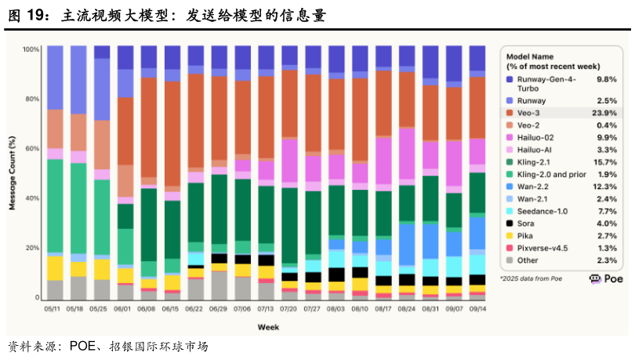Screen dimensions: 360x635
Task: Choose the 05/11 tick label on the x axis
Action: (54, 308)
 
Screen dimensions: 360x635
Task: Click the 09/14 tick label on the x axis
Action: (477, 308)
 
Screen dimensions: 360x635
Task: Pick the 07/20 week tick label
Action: (289, 308)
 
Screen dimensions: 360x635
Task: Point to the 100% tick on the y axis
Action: (31, 49)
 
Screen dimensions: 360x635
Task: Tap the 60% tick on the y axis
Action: (33, 148)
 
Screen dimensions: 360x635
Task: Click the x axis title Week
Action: (267, 325)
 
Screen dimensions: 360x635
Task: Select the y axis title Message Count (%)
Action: (12, 173)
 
